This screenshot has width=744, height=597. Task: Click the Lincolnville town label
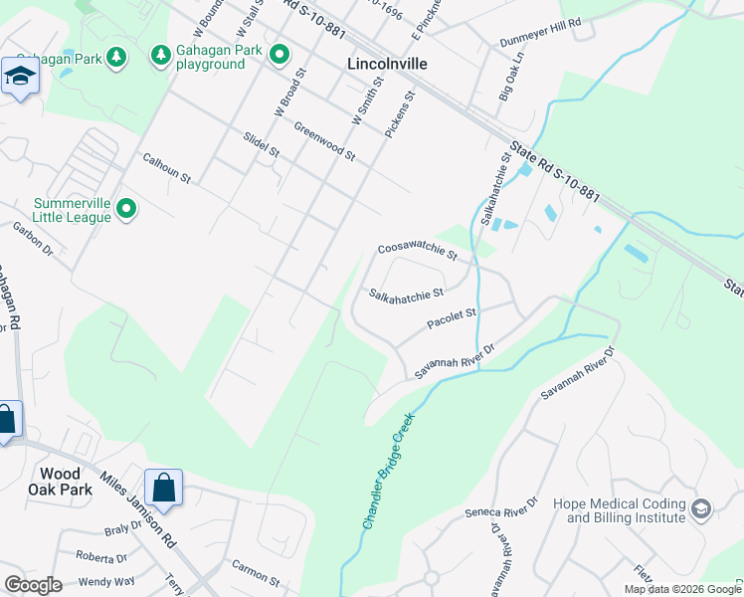[x=388, y=63]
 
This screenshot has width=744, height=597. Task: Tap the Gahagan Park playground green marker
[x=279, y=54]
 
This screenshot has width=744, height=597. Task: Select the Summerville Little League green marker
[x=126, y=208]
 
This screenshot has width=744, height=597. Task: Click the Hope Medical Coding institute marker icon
[x=701, y=509]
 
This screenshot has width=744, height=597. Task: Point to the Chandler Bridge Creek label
[x=388, y=472]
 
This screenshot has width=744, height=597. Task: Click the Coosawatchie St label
[x=417, y=253]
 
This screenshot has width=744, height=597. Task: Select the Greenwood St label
[x=324, y=141]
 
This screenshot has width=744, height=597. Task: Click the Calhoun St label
[x=166, y=166]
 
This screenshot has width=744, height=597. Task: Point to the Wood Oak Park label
[x=66, y=482]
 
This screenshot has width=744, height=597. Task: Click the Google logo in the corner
[x=33, y=585]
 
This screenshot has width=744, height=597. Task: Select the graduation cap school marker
[x=20, y=77]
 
